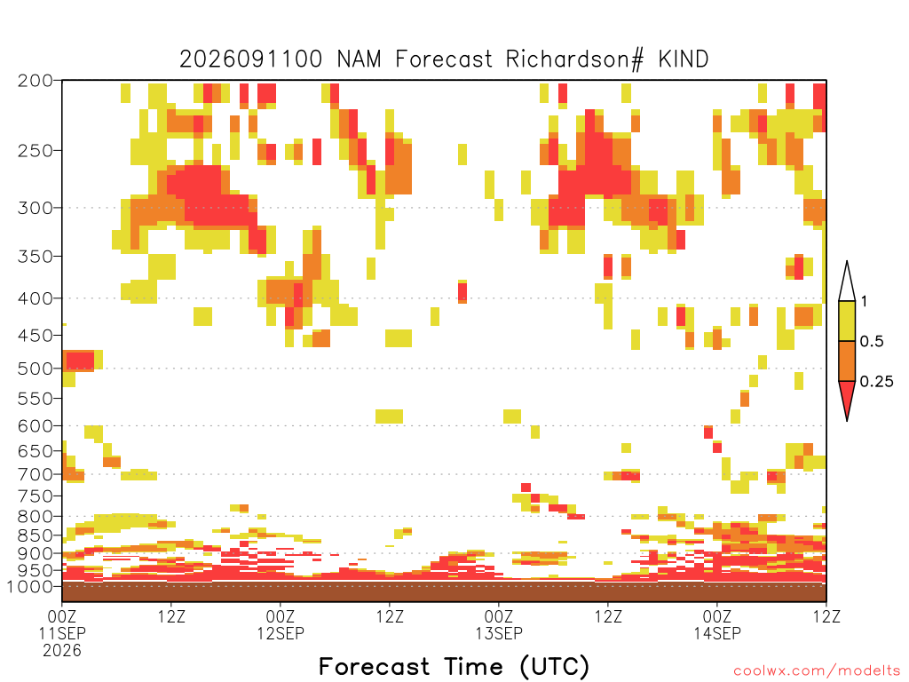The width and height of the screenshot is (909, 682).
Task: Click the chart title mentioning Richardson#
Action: pos(444,59)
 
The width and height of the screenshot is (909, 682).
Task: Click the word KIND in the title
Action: pos(683,59)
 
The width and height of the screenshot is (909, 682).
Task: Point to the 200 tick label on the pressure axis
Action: pos(36,81)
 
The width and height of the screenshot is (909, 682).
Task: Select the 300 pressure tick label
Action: pos(36,208)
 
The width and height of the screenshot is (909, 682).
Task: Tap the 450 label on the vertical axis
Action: pos(36,335)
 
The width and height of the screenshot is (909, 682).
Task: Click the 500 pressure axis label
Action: pos(36,369)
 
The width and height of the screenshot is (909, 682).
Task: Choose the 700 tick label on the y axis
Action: pos(36,474)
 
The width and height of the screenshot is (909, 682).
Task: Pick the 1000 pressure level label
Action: pos(29,586)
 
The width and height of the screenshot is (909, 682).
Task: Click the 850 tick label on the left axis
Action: pos(36,535)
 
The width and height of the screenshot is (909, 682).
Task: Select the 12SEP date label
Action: pos(281,633)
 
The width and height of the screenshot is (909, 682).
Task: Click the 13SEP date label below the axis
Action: pos(499,633)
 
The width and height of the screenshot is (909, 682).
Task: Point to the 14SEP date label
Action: pos(717,633)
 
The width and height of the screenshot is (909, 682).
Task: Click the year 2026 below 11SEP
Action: pos(62,651)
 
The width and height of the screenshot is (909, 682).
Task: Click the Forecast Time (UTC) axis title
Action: pos(454,666)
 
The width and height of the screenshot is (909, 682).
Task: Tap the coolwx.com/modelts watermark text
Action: pos(818,671)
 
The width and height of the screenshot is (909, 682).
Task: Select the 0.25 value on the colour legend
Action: pos(876,382)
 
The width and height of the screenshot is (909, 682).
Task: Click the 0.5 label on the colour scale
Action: pos(872,341)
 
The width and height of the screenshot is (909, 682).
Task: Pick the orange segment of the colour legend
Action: pos(847,361)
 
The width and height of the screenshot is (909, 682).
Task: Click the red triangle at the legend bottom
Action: pos(847,395)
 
